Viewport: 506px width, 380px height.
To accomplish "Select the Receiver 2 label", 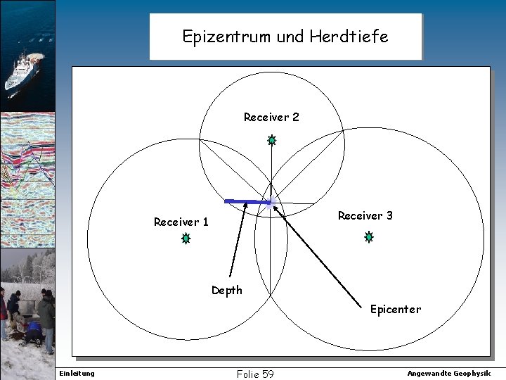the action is (x=271, y=117).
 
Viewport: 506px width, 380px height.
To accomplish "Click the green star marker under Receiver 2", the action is (x=271, y=141).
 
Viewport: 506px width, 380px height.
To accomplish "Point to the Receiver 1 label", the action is (x=181, y=222).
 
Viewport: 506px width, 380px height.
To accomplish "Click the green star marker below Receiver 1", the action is (x=186, y=239).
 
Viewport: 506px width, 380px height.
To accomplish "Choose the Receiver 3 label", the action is (x=365, y=215).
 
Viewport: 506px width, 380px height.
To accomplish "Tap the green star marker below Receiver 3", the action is (x=368, y=238).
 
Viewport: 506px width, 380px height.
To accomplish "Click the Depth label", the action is (x=227, y=290).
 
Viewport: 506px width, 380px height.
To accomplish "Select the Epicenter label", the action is (x=396, y=309).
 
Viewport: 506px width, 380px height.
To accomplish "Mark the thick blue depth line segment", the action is (x=247, y=202).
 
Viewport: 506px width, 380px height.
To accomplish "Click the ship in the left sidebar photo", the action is (x=24, y=70).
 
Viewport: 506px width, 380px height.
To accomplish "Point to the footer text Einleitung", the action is (x=77, y=373).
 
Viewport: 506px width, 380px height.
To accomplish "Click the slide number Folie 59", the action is (x=255, y=374).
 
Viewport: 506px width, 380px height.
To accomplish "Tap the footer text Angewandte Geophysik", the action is (x=449, y=373).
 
